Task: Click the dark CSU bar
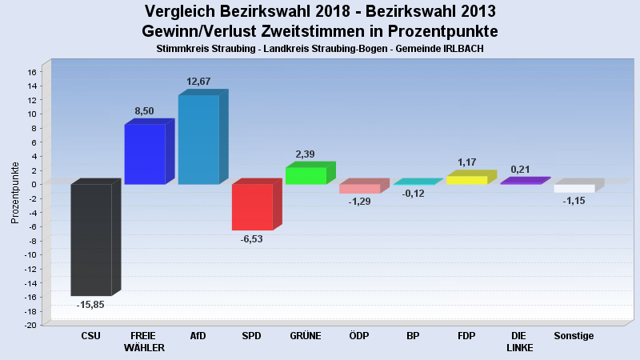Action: click(x=91, y=239)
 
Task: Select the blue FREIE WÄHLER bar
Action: click(x=145, y=154)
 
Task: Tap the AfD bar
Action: click(x=198, y=139)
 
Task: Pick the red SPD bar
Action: click(x=252, y=206)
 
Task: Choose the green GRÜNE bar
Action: click(x=306, y=175)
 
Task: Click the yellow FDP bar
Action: click(x=466, y=180)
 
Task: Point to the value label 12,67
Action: click(x=198, y=82)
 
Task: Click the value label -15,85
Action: click(x=90, y=305)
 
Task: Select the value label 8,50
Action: click(x=144, y=111)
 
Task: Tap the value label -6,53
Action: click(x=251, y=239)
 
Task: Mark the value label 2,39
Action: click(x=306, y=154)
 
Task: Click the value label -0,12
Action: click(x=413, y=194)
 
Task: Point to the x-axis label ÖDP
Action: click(x=359, y=336)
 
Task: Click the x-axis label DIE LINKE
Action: click(x=520, y=342)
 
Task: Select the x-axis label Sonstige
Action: click(x=574, y=336)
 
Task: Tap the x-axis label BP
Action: click(x=413, y=336)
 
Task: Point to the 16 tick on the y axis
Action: click(x=32, y=72)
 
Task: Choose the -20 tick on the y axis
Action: click(x=30, y=326)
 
